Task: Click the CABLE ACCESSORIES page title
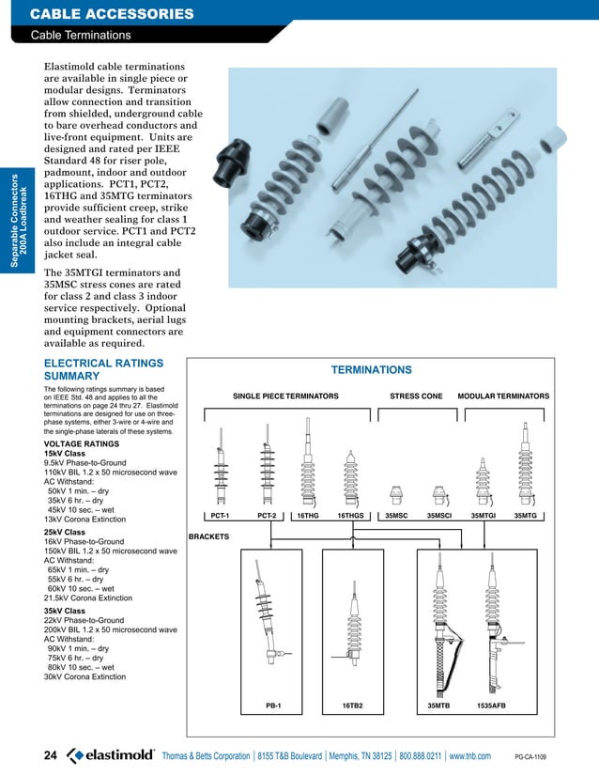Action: coord(112,14)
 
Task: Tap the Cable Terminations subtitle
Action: coord(81,36)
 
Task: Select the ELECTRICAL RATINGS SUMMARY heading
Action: coord(104,368)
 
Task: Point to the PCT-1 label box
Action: coord(221,516)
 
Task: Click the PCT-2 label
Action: coord(267,516)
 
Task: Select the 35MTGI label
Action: coord(484,516)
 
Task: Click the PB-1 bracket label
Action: coord(274,705)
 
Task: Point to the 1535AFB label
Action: coord(492,705)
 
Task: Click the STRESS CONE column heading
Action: coord(416,397)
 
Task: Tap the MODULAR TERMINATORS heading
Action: coord(503,397)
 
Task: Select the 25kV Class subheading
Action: coord(65,533)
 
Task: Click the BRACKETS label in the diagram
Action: coord(210,536)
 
